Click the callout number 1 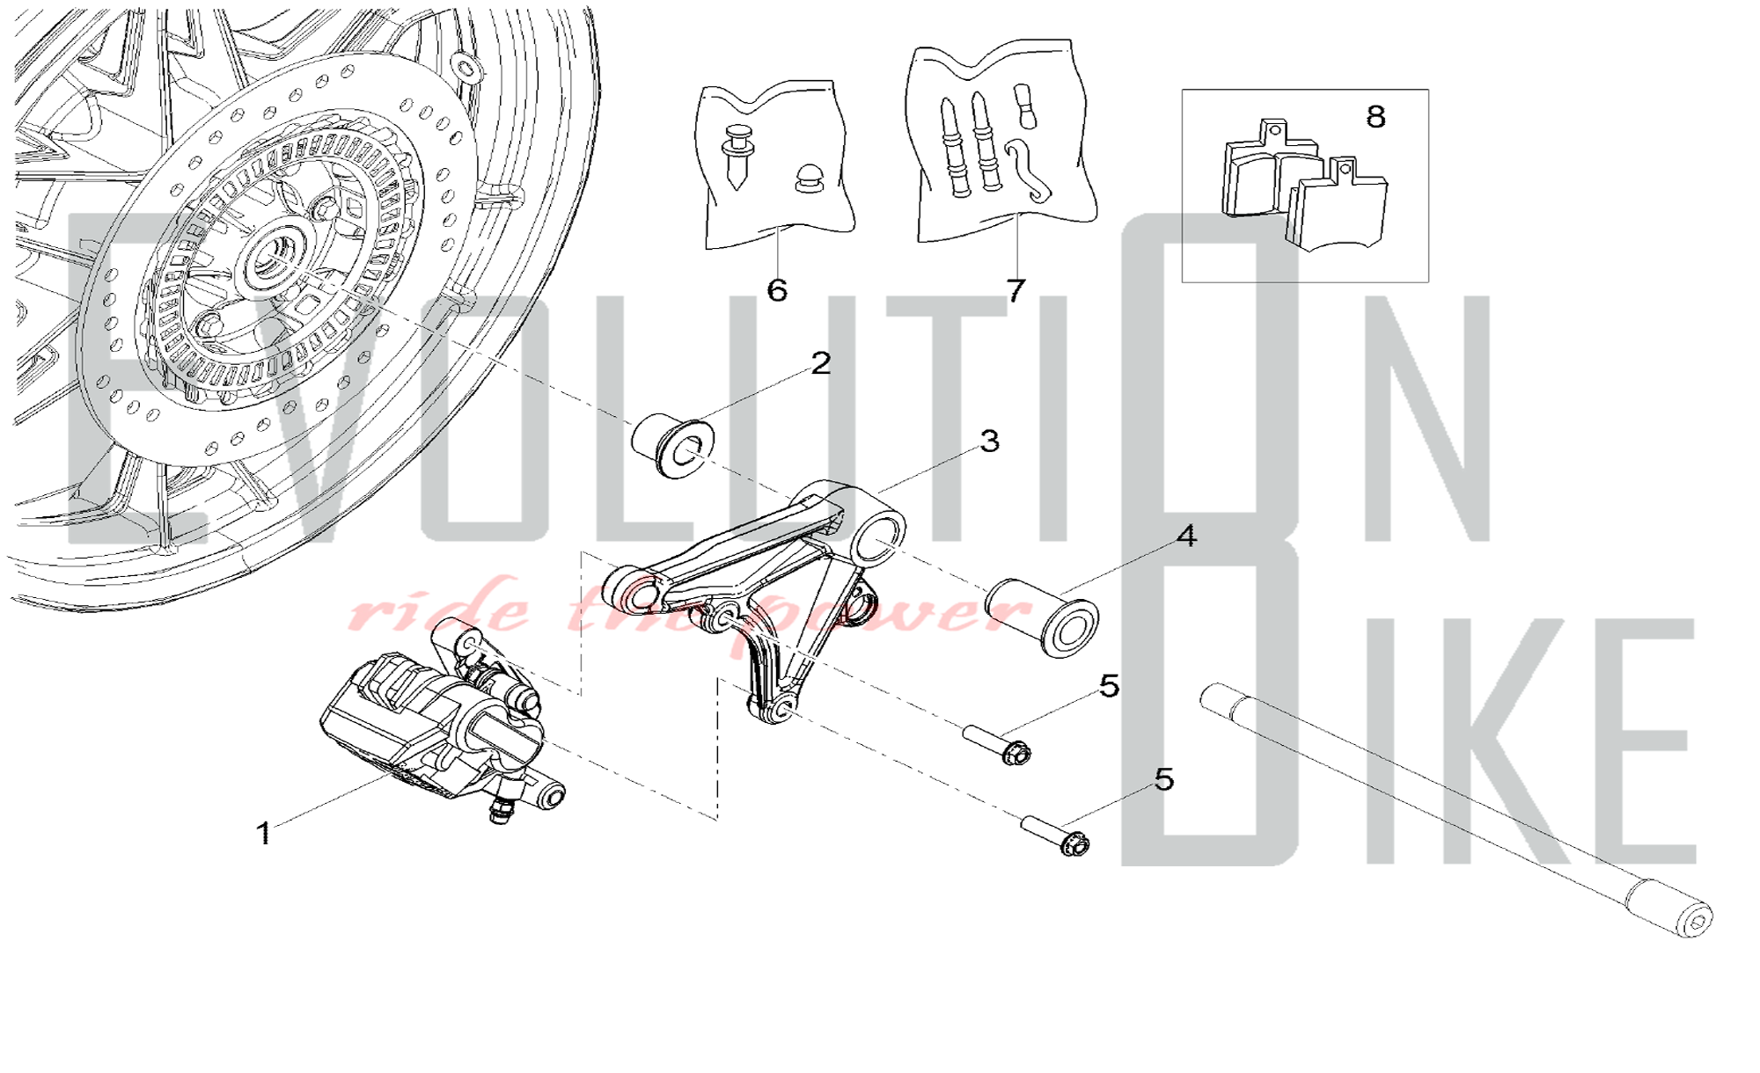point(264,833)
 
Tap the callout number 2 point(821,363)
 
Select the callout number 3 point(990,441)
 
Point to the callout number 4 point(1186,536)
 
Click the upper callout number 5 point(1110,686)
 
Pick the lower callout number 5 point(1164,779)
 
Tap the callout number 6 point(777,290)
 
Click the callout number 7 point(1016,290)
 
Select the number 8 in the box point(1375,116)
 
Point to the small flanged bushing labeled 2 point(673,447)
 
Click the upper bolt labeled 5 point(997,743)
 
